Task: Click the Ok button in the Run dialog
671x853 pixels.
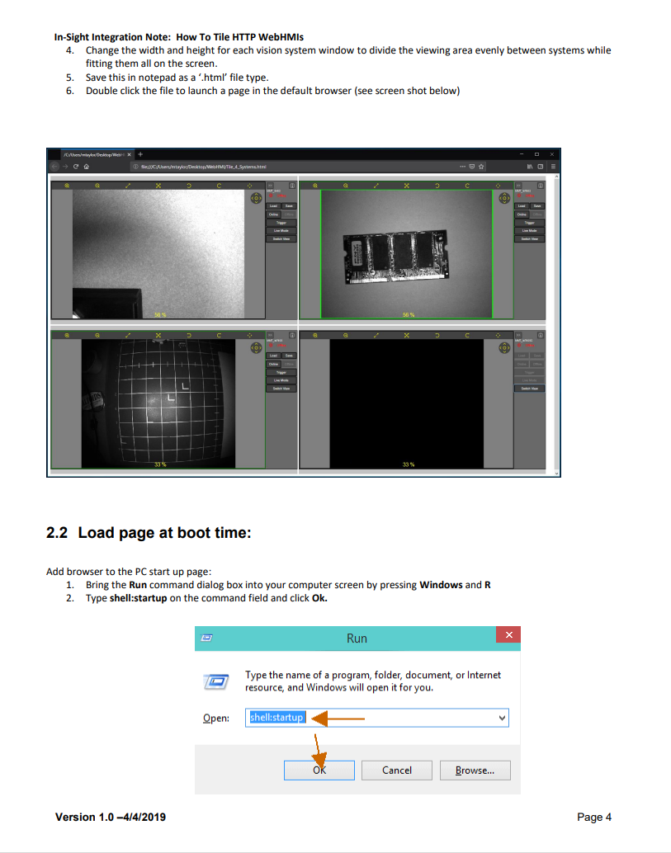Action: click(x=319, y=770)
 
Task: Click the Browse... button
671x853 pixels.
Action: click(x=475, y=770)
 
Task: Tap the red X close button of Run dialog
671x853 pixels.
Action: click(x=508, y=634)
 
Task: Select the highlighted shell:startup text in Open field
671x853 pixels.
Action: click(x=277, y=718)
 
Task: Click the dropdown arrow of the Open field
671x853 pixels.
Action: click(x=502, y=718)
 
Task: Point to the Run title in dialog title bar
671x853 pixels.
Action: click(x=357, y=639)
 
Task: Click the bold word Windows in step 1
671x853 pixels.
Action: click(x=441, y=585)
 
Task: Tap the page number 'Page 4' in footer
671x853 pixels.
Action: click(x=594, y=818)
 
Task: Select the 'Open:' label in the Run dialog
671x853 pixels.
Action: click(x=216, y=719)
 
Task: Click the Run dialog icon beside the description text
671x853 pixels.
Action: click(x=215, y=682)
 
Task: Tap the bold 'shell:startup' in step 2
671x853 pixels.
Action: click(x=138, y=598)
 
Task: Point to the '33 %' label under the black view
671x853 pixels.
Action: click(x=408, y=465)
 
